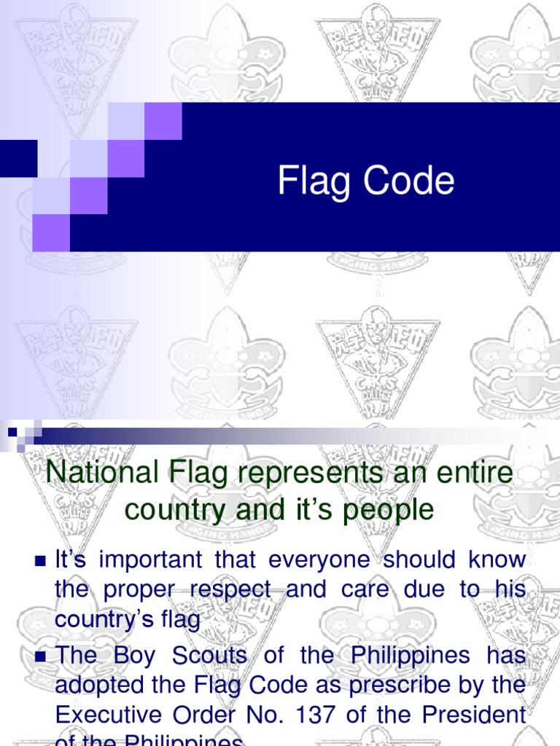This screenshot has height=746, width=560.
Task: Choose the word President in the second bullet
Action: click(x=475, y=714)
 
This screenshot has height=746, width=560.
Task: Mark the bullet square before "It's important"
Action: click(x=40, y=560)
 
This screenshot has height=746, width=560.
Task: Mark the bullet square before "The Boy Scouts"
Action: click(x=40, y=656)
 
